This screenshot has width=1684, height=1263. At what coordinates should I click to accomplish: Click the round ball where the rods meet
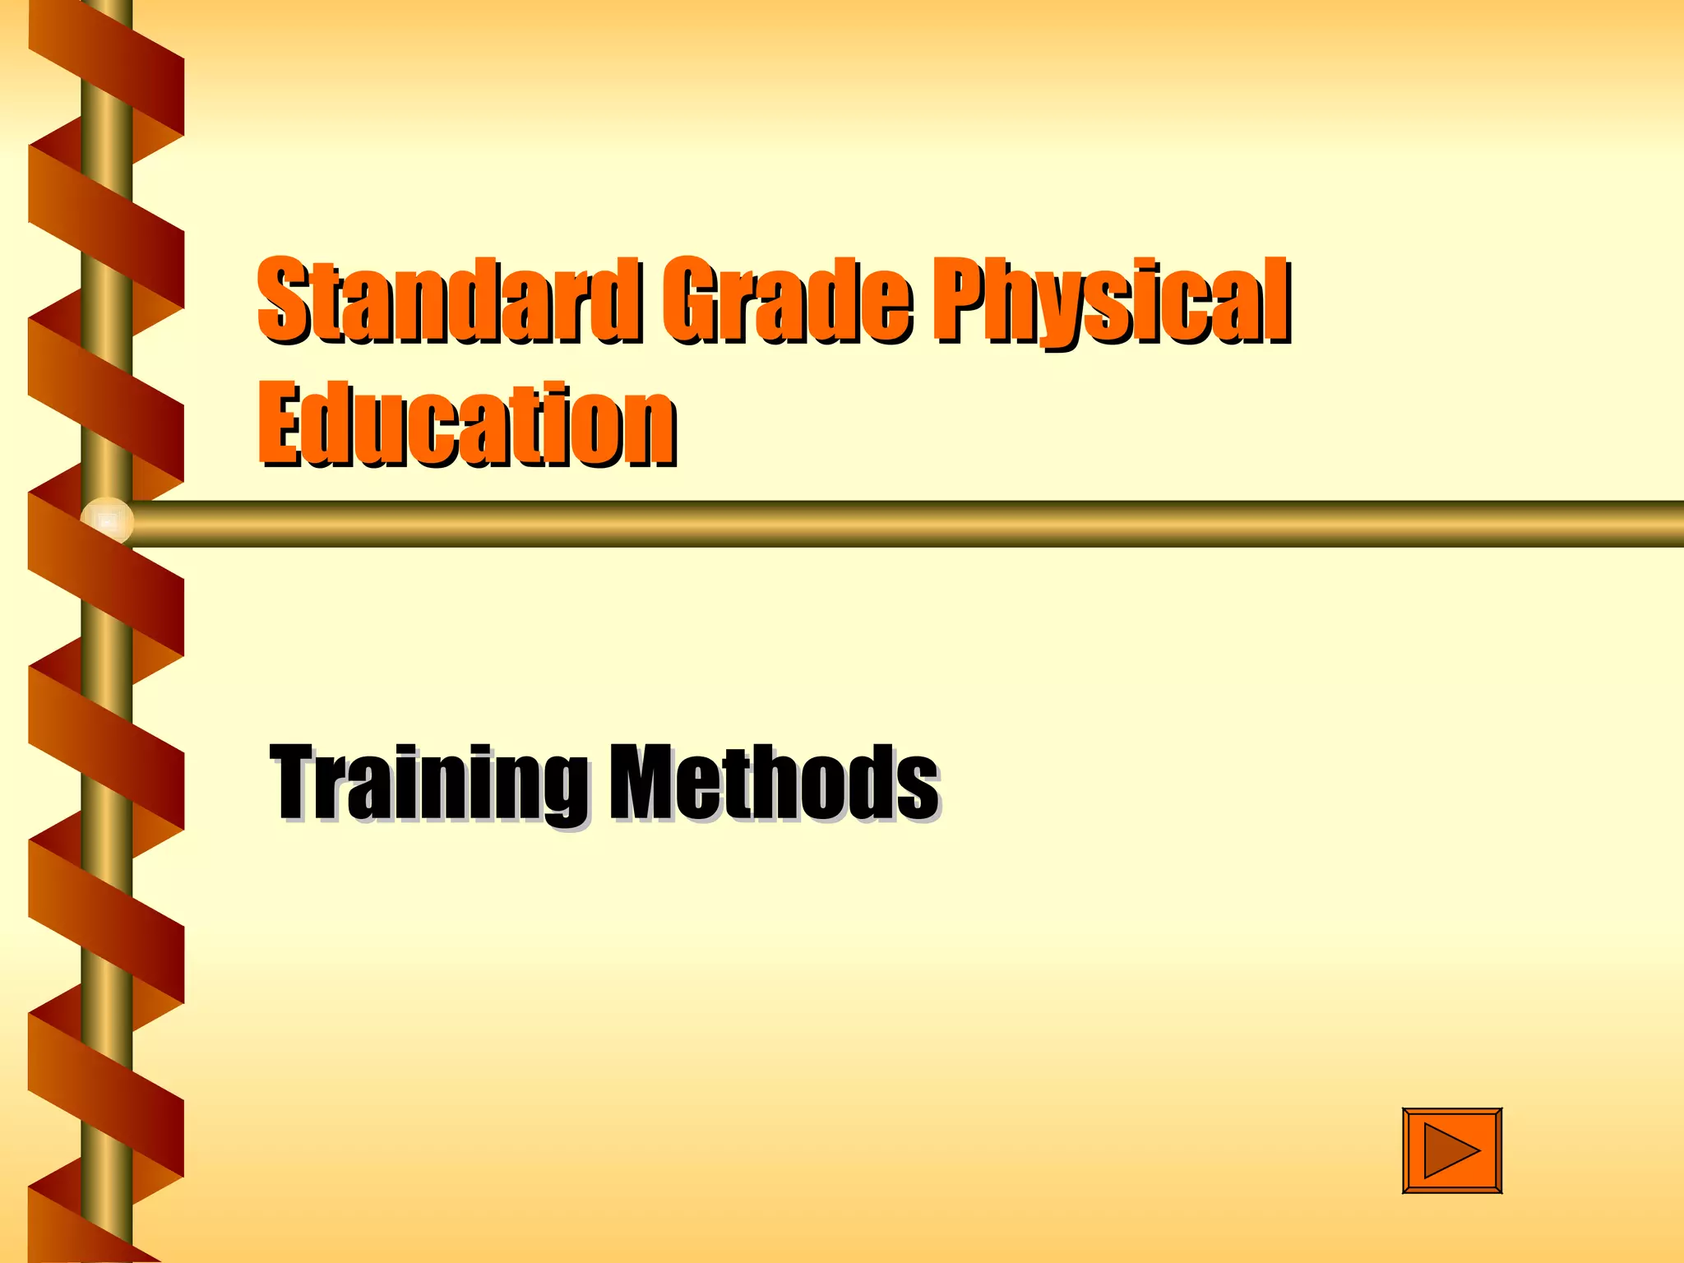point(107,520)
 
